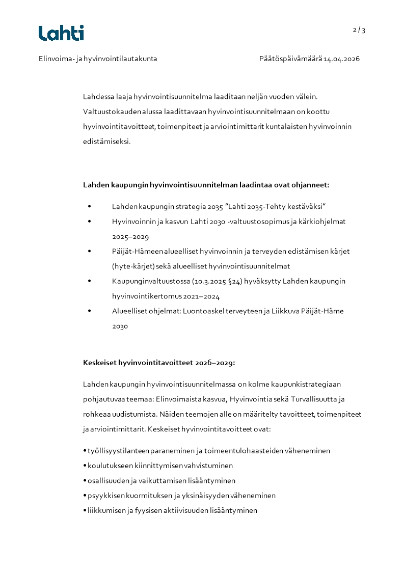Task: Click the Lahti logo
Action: click(61, 33)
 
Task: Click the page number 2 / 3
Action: click(359, 30)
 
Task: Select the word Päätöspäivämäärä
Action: click(290, 59)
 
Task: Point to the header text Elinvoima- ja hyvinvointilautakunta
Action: click(98, 59)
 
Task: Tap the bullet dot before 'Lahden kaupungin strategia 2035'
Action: click(90, 207)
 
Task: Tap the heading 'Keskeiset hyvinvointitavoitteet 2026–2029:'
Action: click(159, 363)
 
